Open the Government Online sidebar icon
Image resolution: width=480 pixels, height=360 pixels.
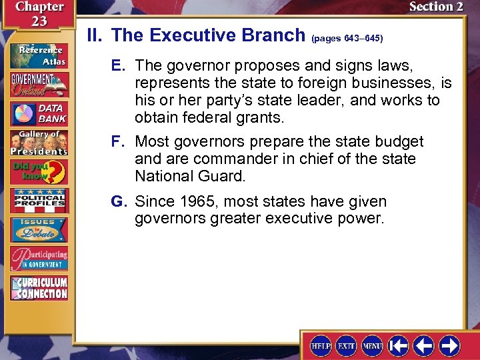(x=38, y=84)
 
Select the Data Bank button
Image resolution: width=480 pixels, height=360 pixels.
(x=38, y=114)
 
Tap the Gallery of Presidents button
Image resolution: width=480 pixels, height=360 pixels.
(x=38, y=143)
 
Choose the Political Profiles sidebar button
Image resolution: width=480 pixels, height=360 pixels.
(x=38, y=201)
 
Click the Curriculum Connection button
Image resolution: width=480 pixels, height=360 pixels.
(x=38, y=287)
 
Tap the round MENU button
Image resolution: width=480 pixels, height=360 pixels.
(x=372, y=345)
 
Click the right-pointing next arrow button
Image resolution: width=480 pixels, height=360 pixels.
(x=449, y=345)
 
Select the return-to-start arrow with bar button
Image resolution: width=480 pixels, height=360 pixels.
(x=399, y=345)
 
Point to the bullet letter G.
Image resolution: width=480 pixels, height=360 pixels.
(x=120, y=201)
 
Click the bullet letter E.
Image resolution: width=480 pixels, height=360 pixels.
(x=118, y=66)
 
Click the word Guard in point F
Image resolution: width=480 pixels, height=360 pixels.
(x=225, y=177)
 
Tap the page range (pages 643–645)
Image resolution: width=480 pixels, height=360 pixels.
(x=347, y=39)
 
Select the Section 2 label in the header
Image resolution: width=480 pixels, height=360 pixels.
(x=436, y=7)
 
